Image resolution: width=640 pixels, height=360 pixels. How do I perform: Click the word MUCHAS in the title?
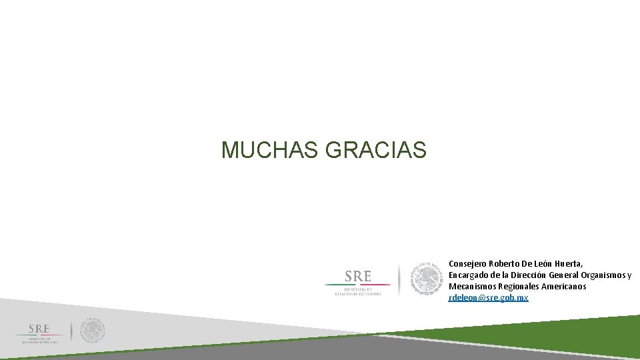tap(270, 150)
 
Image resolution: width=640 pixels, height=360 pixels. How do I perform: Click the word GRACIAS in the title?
tap(375, 150)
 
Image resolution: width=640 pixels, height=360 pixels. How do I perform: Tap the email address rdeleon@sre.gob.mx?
tap(488, 297)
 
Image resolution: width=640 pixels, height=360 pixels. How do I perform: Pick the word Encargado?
tap(469, 275)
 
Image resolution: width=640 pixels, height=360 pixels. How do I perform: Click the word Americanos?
tap(565, 286)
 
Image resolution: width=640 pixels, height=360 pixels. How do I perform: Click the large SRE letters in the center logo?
tap(358, 275)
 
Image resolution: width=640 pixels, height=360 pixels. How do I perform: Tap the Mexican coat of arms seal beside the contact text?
tap(427, 279)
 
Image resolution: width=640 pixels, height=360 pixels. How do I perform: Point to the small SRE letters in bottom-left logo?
tap(39, 329)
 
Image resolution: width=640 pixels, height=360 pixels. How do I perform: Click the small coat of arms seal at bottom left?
tap(93, 331)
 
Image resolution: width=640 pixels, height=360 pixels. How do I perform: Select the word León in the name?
tap(546, 263)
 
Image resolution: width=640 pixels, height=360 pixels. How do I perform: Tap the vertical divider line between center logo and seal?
tap(399, 279)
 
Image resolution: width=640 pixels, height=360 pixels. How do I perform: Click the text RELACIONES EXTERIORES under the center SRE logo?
tap(358, 293)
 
